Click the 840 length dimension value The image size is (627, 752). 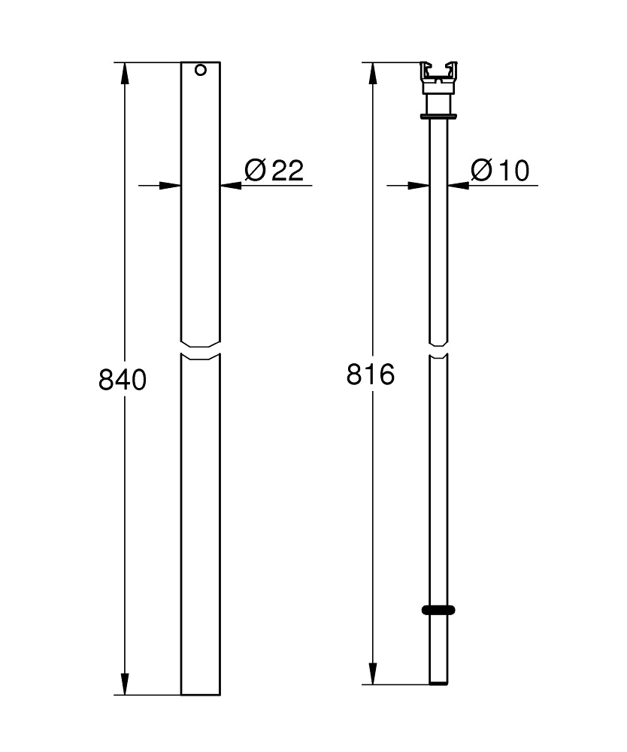pos(122,380)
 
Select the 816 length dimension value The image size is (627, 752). pos(370,374)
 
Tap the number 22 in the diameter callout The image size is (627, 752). pos(287,171)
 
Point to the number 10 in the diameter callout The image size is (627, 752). pos(512,171)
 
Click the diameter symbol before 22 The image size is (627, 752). pos(255,171)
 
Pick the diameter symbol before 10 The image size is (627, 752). pos(481,171)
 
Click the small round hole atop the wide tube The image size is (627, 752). pos(200,71)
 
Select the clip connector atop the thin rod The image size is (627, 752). pos(438,76)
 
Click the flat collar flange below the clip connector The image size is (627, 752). pos(438,116)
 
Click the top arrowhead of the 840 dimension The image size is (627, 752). pos(124,72)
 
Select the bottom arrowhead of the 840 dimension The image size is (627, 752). pos(124,684)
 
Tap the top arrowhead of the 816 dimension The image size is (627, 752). pos(371,72)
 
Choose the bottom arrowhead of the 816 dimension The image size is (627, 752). pos(371,675)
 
